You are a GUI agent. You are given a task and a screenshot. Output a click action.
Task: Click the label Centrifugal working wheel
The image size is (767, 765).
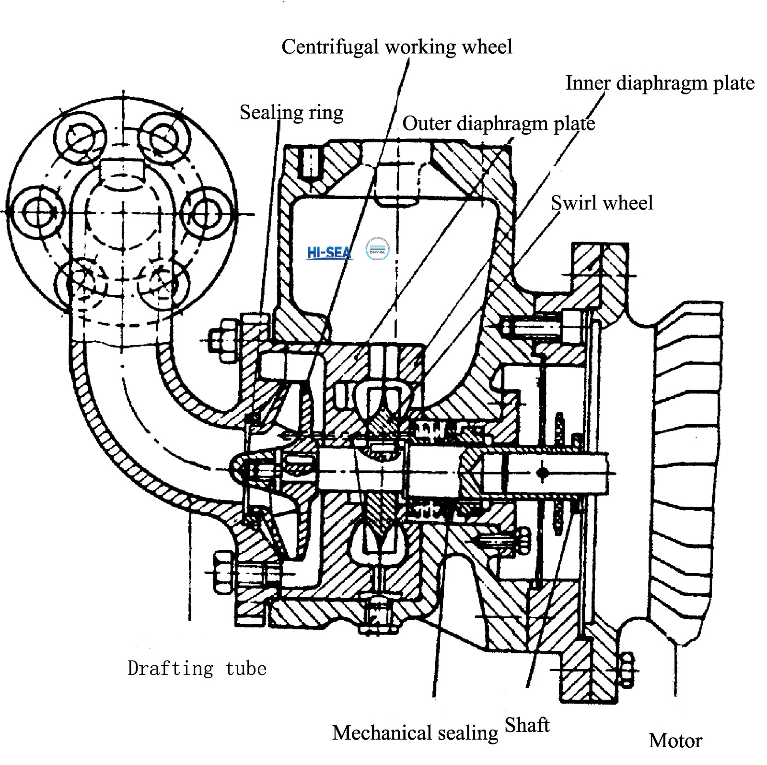pyautogui.click(x=397, y=47)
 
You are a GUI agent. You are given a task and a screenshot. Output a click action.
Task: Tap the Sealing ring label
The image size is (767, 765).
pyautogui.click(x=291, y=113)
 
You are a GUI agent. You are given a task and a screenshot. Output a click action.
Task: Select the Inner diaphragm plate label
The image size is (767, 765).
pyautogui.click(x=660, y=83)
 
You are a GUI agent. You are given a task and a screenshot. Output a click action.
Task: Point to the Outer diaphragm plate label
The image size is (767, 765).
pyautogui.click(x=499, y=124)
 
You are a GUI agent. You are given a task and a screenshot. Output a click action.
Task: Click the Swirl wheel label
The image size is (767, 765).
pyautogui.click(x=602, y=203)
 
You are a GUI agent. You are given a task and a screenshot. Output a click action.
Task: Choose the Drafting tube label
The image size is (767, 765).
pyautogui.click(x=197, y=668)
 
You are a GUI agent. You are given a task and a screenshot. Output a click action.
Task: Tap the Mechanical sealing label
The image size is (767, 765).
pyautogui.click(x=415, y=733)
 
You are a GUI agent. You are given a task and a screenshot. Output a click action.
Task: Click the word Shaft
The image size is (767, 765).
pyautogui.click(x=527, y=725)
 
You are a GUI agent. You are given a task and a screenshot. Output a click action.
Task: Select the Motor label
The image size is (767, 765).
pyautogui.click(x=675, y=741)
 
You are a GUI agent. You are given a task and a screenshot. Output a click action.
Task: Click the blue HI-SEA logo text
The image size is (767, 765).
pyautogui.click(x=329, y=253)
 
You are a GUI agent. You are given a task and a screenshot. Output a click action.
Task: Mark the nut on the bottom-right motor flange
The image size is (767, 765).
pyautogui.click(x=626, y=669)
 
